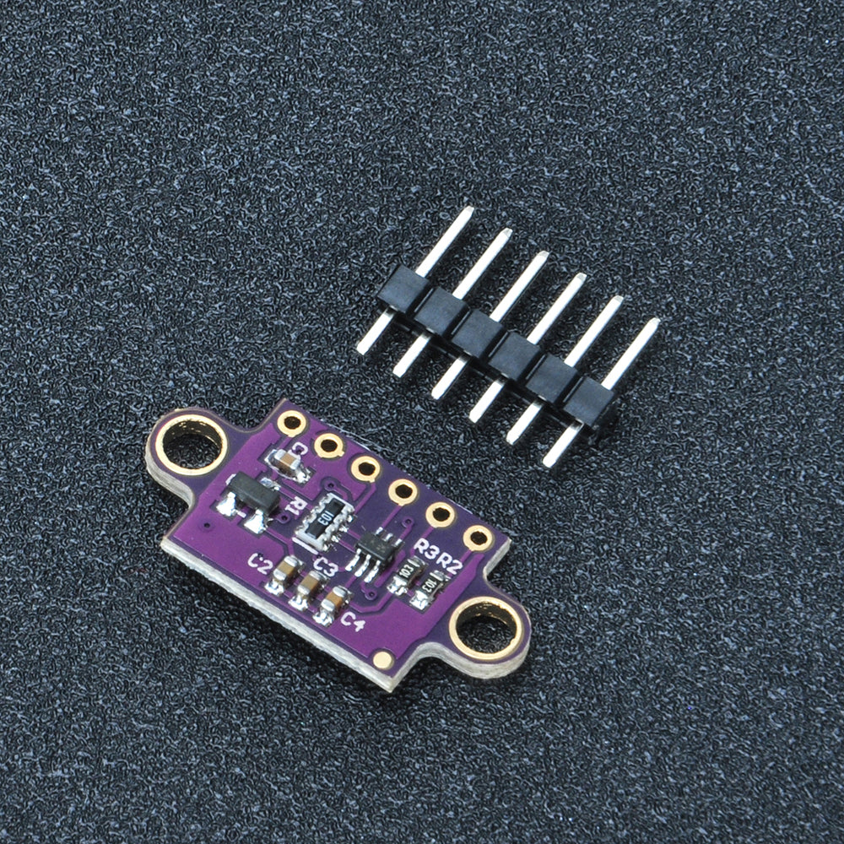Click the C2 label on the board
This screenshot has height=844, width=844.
tap(260, 563)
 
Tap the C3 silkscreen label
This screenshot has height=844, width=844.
tap(325, 564)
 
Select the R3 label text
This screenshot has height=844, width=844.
tap(426, 552)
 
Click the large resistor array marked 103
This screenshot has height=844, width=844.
tap(323, 518)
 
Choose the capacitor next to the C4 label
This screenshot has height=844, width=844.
tap(333, 604)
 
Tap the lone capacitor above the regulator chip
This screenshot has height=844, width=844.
tap(287, 461)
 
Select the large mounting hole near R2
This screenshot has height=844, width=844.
tap(484, 629)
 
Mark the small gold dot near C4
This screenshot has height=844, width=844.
tap(383, 659)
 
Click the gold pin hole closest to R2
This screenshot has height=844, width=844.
tap(478, 538)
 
